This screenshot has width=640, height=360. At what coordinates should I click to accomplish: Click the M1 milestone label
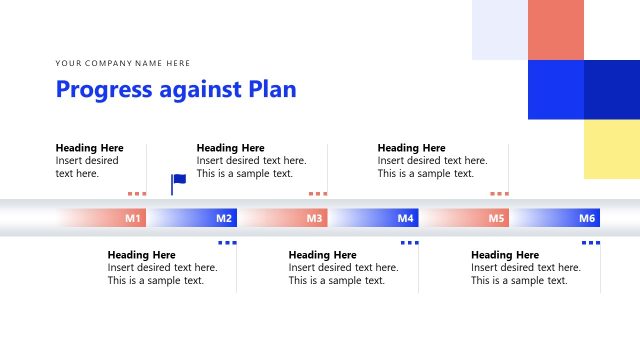pyautogui.click(x=133, y=218)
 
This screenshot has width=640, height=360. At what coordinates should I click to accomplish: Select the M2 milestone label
pyautogui.click(x=224, y=218)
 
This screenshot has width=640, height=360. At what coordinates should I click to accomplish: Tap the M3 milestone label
pyautogui.click(x=314, y=218)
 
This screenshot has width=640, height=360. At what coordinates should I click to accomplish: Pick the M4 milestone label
pyautogui.click(x=405, y=218)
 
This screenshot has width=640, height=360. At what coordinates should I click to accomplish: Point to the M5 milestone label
pyautogui.click(x=496, y=218)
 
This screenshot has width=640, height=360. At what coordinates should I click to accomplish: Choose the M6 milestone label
pyautogui.click(x=587, y=218)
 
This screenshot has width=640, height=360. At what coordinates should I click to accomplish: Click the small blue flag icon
pyautogui.click(x=178, y=182)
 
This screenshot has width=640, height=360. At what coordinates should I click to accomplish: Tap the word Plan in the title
pyautogui.click(x=273, y=89)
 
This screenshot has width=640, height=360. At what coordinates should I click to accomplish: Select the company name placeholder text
pyautogui.click(x=123, y=63)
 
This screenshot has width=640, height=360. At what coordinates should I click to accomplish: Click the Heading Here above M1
pyautogui.click(x=90, y=148)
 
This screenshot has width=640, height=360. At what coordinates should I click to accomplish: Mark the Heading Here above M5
pyautogui.click(x=412, y=148)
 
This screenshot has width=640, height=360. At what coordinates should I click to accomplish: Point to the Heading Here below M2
pyautogui.click(x=142, y=255)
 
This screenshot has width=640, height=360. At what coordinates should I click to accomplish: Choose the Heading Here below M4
pyautogui.click(x=323, y=255)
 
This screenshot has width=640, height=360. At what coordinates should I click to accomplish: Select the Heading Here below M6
pyautogui.click(x=505, y=255)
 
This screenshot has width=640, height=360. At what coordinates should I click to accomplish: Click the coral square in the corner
pyautogui.click(x=555, y=30)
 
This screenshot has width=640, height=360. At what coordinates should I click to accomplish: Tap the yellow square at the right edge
pyautogui.click(x=611, y=149)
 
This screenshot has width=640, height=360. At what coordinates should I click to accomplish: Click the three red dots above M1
pyautogui.click(x=137, y=194)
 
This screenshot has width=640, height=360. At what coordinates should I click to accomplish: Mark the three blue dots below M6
pyautogui.click(x=591, y=242)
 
